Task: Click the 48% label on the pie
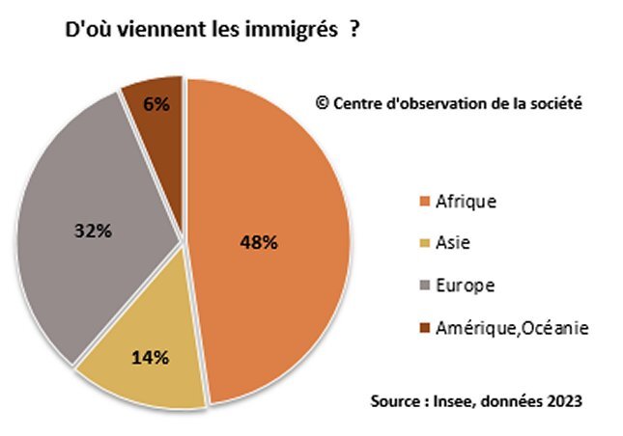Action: tap(259, 242)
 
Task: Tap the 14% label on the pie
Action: tap(150, 358)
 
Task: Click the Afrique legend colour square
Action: tap(423, 203)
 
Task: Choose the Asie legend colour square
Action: tap(423, 244)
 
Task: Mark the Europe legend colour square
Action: tap(423, 286)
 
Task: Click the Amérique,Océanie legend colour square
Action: tap(423, 329)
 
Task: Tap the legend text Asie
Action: tap(453, 244)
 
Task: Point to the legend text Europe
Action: tap(466, 286)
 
